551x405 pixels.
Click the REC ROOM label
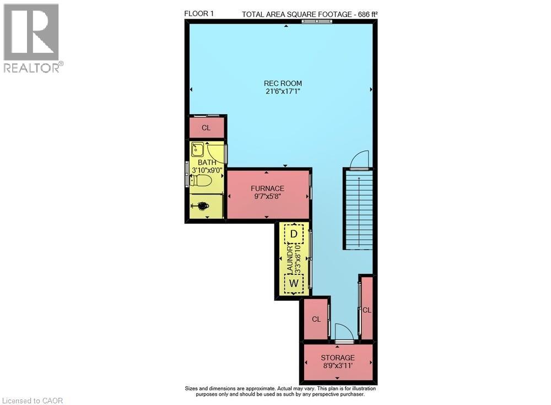283,83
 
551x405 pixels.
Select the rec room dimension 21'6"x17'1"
283,91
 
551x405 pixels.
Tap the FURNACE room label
267,188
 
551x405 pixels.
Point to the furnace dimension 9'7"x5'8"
267,197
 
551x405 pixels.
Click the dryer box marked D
294,234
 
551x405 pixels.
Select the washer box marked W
294,283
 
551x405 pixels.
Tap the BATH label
207,163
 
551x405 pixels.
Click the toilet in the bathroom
202,180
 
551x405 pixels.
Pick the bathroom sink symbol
198,149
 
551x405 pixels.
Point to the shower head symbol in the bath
202,206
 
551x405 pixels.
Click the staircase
358,209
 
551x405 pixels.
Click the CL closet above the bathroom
206,128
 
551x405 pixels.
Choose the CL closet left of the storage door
316,320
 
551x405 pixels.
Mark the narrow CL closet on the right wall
367,310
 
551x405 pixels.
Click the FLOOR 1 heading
199,14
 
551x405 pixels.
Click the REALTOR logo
31,37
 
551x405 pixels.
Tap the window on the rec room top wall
317,21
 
